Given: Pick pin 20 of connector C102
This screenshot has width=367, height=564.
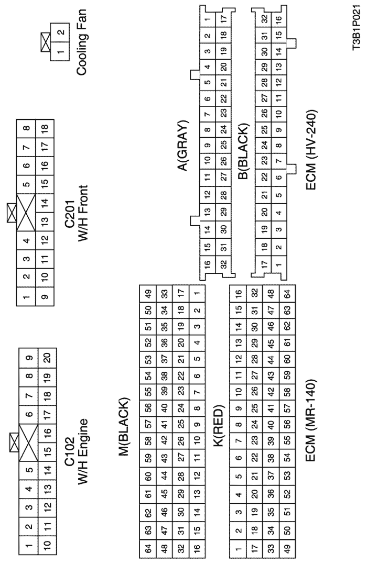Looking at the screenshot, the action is click(x=47, y=357).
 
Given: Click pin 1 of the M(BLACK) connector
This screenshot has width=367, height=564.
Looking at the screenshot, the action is click(x=197, y=293).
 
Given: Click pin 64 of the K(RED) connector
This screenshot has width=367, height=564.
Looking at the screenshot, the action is click(x=287, y=293).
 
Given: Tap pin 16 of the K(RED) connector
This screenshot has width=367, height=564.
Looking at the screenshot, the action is click(x=238, y=293).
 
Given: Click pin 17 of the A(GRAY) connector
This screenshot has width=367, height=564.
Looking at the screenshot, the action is click(x=224, y=17).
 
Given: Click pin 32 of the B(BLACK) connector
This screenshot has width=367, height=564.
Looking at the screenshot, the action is click(x=264, y=19).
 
